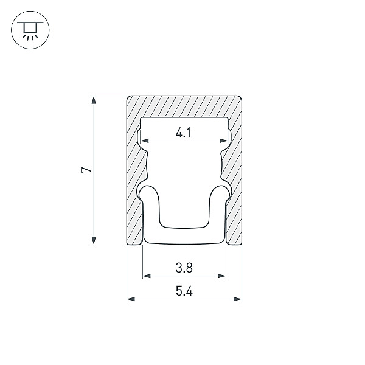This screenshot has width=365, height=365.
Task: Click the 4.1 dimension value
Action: pos(184,133)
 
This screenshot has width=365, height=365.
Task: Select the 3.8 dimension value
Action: pos(184,268)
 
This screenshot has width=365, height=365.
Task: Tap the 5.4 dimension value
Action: pos(184,291)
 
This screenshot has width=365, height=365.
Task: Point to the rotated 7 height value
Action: pos(86,170)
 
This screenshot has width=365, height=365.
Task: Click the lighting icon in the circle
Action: pos(30,30)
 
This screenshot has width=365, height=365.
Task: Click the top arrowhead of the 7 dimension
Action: pos(94,100)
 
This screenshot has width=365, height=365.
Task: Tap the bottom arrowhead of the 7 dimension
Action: pos(94,240)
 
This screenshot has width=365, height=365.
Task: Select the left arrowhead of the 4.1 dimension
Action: pos(145,141)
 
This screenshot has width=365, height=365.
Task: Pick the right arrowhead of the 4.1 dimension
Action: pos(224,141)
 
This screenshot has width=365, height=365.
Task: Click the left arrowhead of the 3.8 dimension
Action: pos(147,276)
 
